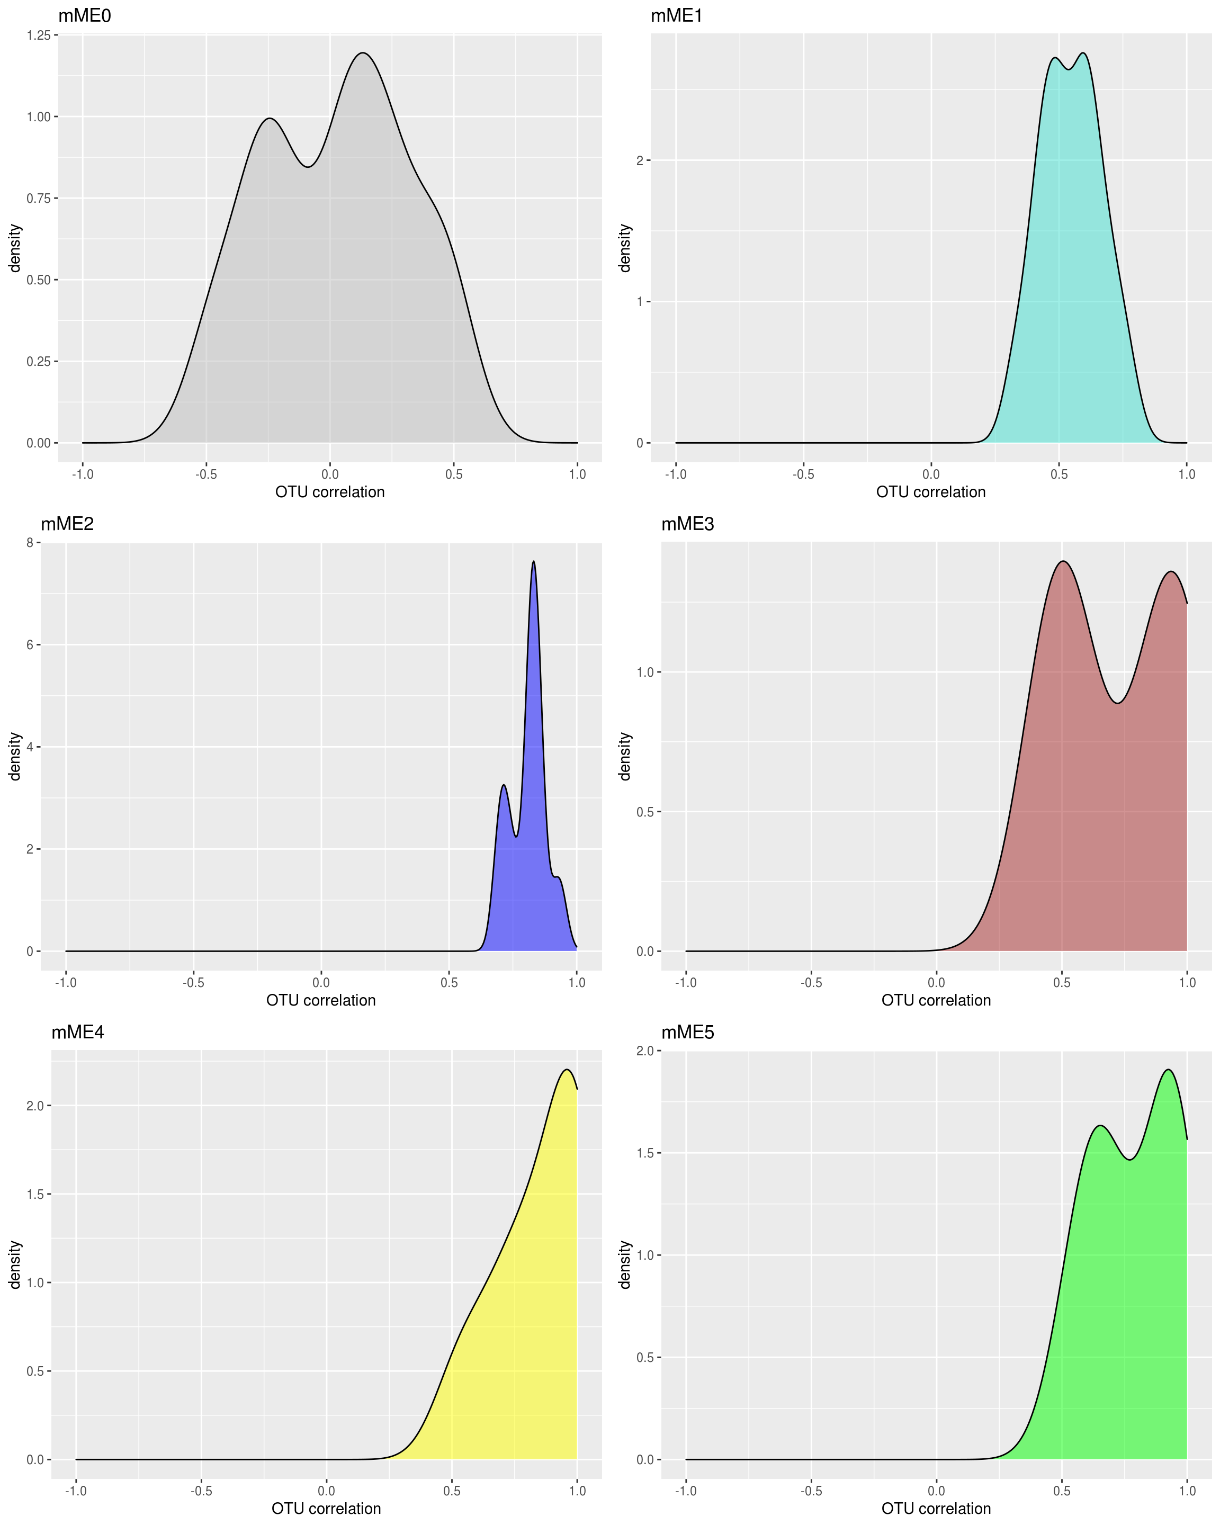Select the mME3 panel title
tap(687, 524)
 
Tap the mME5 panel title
tap(687, 1033)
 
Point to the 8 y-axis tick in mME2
tap(30, 543)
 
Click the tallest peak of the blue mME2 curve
tap(533, 562)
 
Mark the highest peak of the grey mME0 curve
tap(363, 53)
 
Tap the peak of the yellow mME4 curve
tap(567, 1070)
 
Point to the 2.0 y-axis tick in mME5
tap(644, 1052)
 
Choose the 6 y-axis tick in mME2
tap(30, 645)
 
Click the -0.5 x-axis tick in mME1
tap(803, 474)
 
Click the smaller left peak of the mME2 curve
tap(504, 785)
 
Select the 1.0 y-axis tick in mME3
tap(644, 672)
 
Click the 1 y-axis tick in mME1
tap(640, 302)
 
